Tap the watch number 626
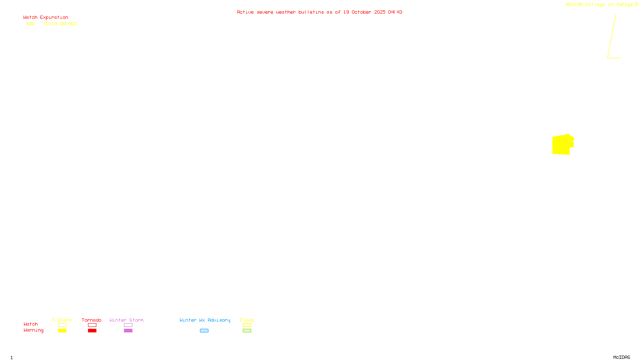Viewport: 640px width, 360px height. pos(30,24)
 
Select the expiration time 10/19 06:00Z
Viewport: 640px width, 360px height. pos(60,24)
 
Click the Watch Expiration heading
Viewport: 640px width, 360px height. pos(46,18)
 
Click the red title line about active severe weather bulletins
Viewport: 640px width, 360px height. pos(319,12)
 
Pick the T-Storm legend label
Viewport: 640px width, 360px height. pos(62,320)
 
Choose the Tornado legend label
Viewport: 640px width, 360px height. pos(92,320)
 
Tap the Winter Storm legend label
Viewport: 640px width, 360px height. pos(126,320)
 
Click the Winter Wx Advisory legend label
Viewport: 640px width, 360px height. pos(205,320)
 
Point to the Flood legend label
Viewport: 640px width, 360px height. pos(247,320)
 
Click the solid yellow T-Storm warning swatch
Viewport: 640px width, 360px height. pos(62,331)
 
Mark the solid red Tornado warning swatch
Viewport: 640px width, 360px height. pos(92,331)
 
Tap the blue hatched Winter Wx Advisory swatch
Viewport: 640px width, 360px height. pos(204,331)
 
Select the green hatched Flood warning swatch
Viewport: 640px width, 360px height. pos(247,331)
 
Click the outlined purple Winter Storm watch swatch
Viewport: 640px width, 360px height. pos(128,325)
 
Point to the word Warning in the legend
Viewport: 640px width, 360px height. pos(33,330)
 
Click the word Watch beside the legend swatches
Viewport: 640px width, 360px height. pos(30,324)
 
